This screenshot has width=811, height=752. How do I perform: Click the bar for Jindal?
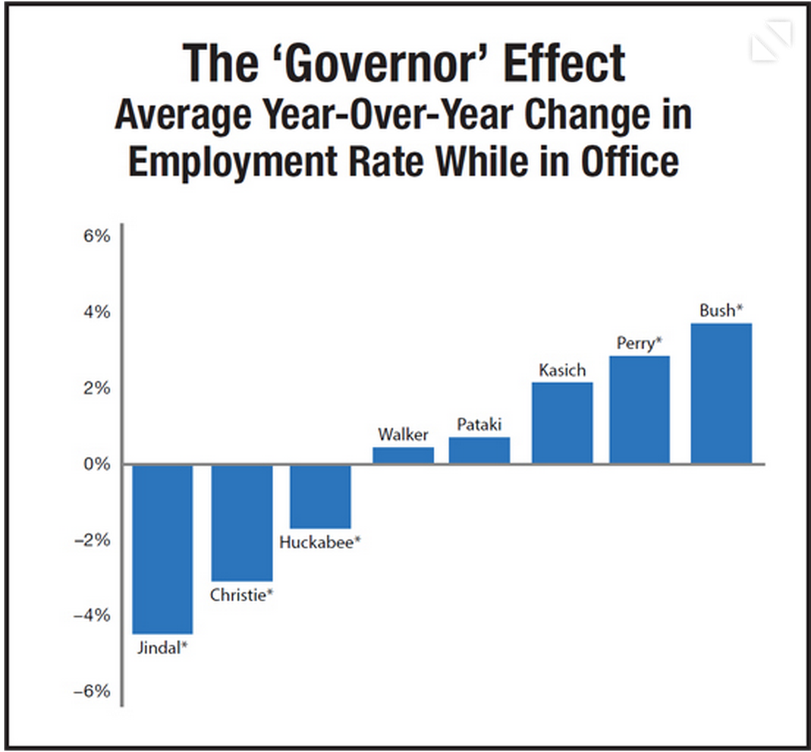(162, 549)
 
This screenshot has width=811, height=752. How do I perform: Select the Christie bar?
(242, 522)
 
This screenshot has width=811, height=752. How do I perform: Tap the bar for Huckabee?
(320, 496)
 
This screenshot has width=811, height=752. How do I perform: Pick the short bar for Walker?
(403, 455)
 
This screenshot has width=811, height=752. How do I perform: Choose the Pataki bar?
(480, 451)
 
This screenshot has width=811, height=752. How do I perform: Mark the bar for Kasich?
(562, 423)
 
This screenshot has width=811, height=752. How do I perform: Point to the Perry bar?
(639, 410)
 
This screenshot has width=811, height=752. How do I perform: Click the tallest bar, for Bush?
(722, 394)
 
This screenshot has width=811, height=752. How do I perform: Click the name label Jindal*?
(163, 648)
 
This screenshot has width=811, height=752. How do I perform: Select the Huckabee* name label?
(320, 543)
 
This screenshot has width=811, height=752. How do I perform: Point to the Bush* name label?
(722, 311)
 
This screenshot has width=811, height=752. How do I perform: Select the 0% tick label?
(97, 464)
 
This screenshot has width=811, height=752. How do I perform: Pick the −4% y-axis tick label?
(92, 615)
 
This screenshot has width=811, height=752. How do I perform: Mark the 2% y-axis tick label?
(97, 388)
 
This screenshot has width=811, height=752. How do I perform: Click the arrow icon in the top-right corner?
(771, 42)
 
